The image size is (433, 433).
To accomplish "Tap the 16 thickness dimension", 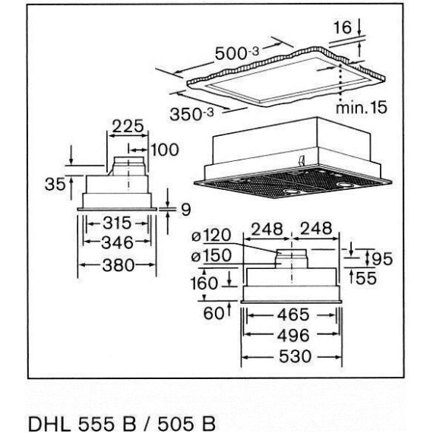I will [x=343, y=27].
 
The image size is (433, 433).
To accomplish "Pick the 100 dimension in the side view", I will [x=163, y=150].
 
